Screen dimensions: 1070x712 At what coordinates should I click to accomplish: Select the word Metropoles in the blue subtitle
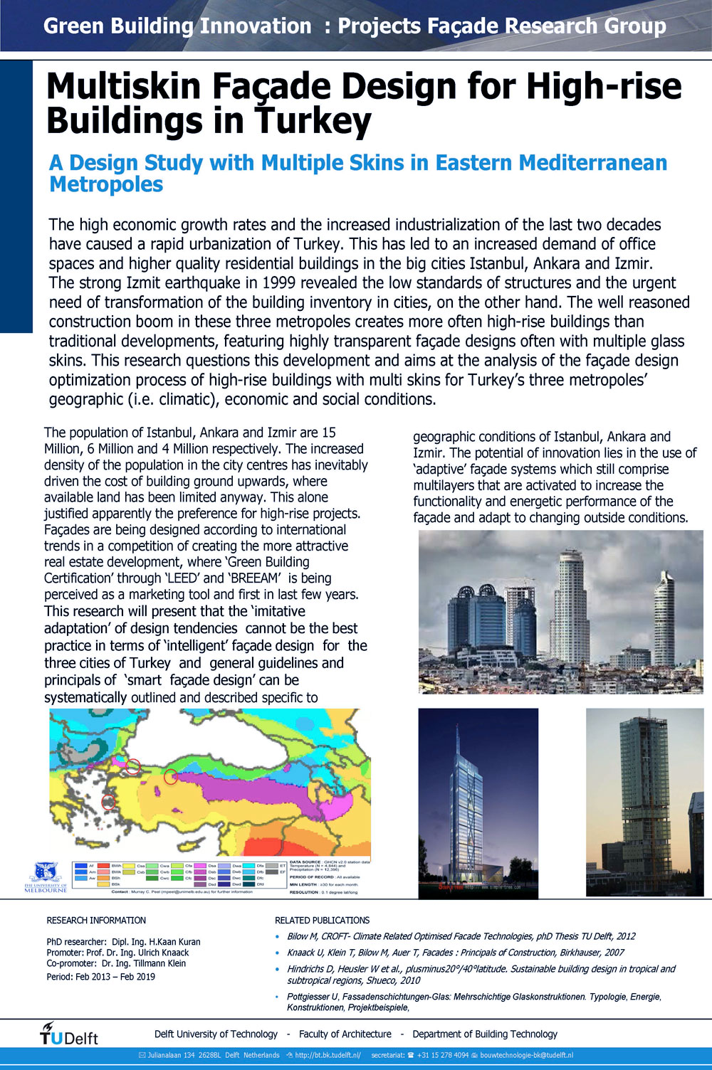click(106, 184)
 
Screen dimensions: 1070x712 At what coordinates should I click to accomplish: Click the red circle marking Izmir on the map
click(108, 802)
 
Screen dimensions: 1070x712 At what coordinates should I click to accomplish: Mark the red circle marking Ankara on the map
click(170, 777)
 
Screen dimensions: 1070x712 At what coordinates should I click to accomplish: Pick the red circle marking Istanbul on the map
click(132, 766)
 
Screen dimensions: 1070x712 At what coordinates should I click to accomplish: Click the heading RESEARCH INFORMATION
click(96, 920)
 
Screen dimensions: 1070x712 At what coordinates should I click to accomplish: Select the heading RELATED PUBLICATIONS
click(322, 920)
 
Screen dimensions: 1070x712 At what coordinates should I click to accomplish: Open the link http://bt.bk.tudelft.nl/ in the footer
click(328, 1055)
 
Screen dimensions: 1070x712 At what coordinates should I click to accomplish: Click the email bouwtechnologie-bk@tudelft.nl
click(526, 1055)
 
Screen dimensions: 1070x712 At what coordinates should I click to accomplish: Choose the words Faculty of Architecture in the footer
click(345, 1034)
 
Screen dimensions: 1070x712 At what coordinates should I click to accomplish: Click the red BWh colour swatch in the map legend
click(103, 866)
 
